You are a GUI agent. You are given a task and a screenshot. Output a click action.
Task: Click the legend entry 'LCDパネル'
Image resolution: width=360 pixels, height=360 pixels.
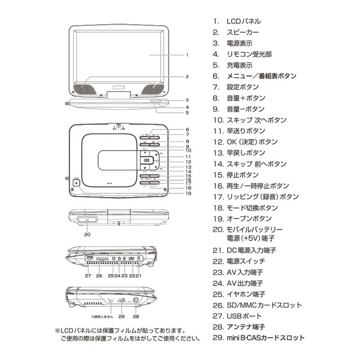243,22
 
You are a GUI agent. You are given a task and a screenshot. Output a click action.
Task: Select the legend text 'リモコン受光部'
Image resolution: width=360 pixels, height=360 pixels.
249,54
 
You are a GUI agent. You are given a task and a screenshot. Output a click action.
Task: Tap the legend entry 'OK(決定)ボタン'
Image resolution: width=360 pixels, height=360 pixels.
252,142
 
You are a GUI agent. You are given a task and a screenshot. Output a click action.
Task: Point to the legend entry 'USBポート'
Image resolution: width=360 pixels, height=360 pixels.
244,316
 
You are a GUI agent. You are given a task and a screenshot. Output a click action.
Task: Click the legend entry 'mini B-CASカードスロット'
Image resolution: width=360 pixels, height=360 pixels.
265,338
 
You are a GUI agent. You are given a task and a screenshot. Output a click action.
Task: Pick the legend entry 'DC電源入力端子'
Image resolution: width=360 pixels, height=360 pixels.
251,250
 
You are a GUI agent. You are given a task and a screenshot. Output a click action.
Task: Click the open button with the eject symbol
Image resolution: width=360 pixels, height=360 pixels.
76,183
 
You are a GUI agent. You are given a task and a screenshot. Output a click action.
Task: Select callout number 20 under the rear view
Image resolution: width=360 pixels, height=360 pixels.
87,234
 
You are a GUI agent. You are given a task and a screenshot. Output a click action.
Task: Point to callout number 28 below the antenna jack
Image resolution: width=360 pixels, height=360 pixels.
136,316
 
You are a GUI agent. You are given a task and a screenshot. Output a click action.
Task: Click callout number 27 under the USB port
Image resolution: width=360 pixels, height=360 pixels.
88,276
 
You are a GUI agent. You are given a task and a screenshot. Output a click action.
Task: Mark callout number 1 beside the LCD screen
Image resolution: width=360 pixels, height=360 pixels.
187,55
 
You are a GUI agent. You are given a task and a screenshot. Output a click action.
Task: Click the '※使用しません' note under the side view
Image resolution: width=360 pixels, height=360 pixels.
102,316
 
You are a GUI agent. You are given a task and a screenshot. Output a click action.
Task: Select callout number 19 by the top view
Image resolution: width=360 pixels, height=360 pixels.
188,193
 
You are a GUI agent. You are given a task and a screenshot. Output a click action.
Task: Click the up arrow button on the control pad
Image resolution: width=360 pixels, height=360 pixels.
145,153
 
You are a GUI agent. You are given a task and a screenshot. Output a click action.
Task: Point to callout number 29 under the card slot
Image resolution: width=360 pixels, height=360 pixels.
122,316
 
